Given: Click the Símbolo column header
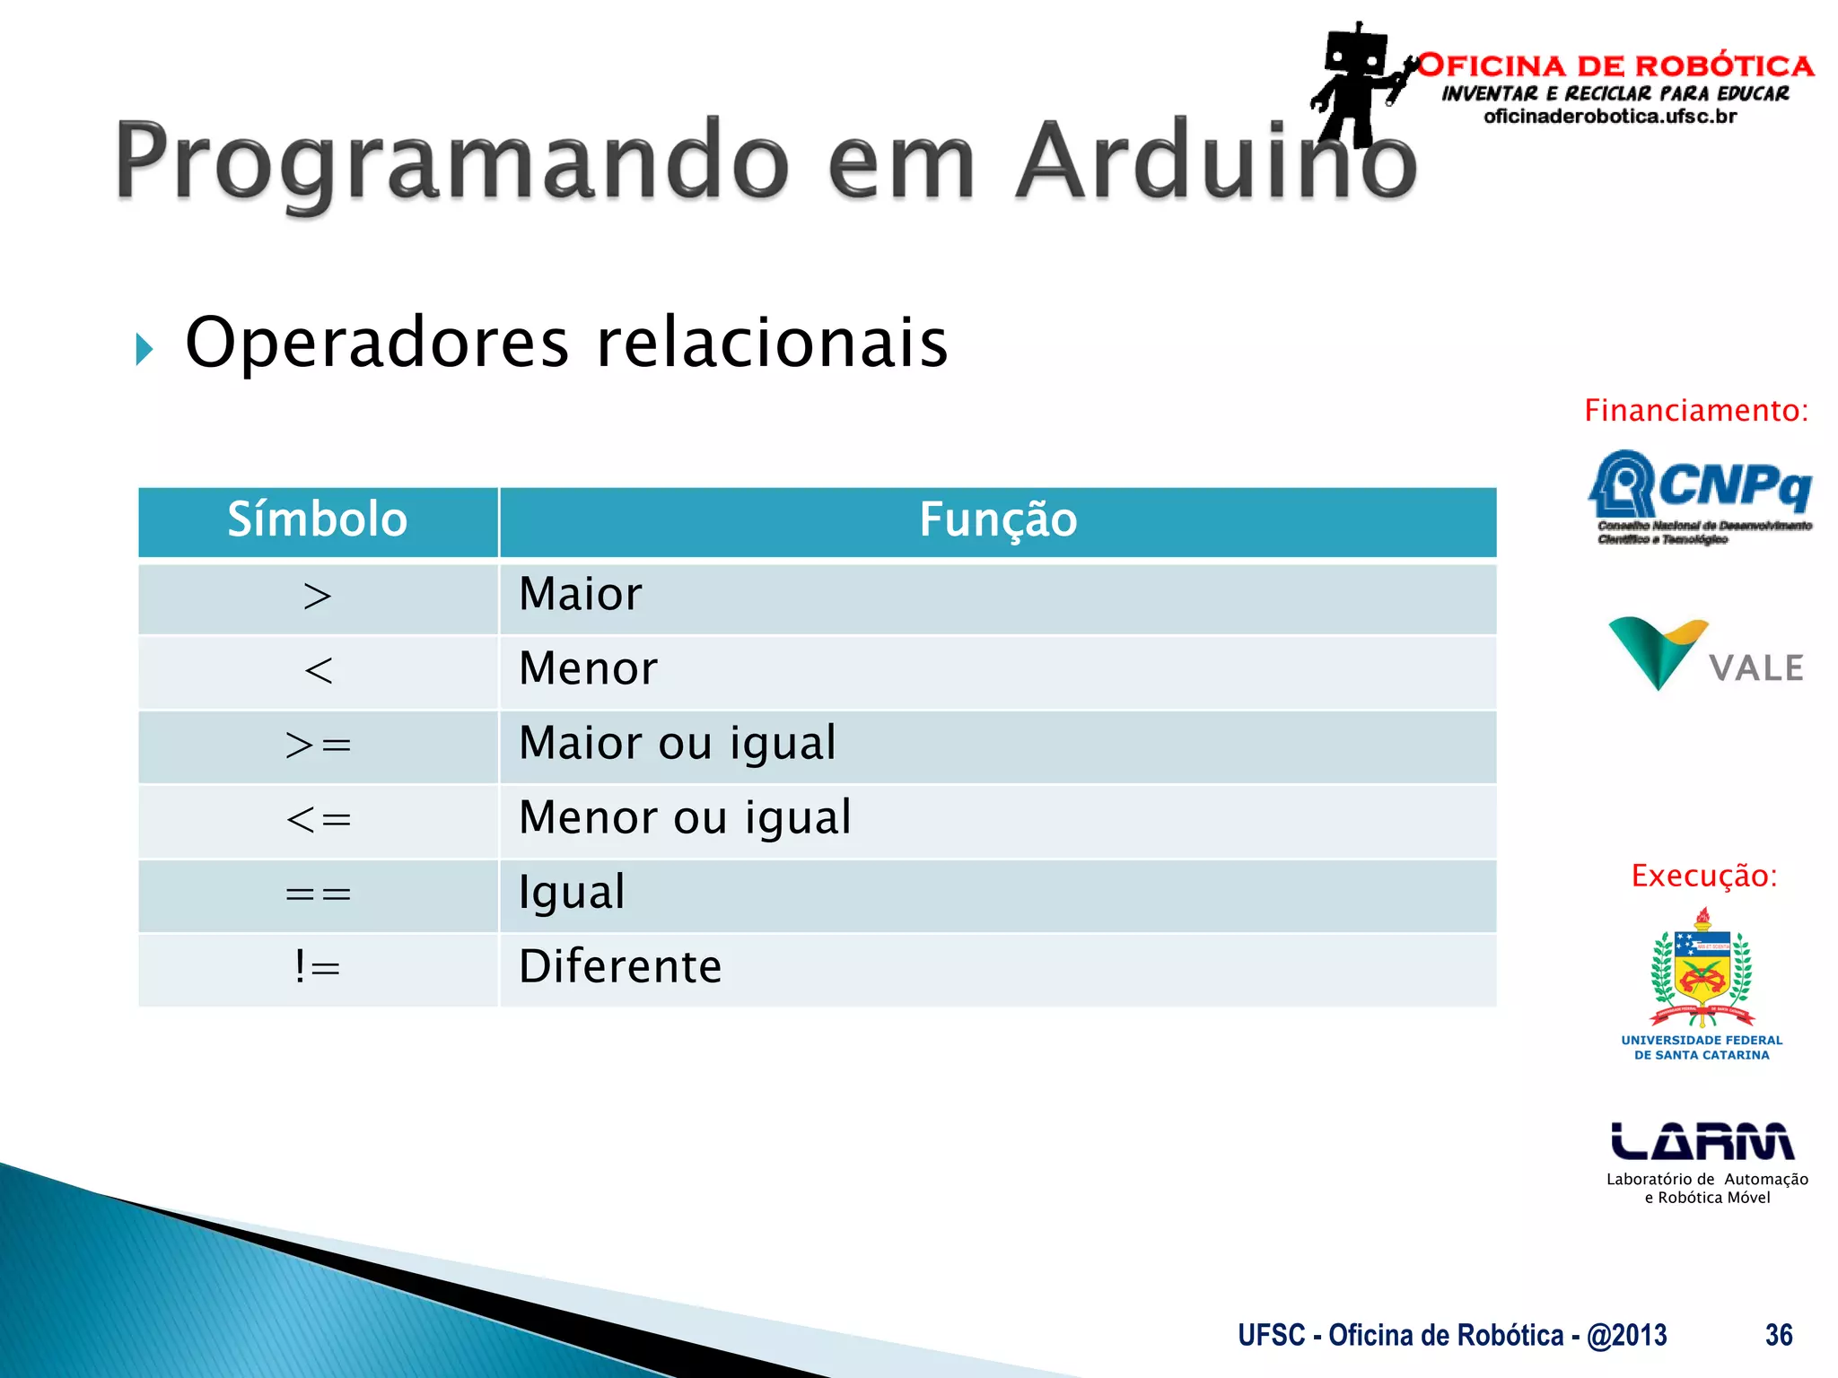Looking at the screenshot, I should pos(318,520).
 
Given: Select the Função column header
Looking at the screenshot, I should pos(997,520).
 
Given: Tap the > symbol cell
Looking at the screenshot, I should pos(318,597).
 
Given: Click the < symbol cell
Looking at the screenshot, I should pos(318,671).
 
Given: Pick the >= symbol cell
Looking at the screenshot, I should pos(318,746).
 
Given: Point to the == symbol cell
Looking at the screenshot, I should pos(318,894).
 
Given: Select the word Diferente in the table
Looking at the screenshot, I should pos(620,967).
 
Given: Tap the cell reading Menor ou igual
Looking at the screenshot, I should pos(685,818).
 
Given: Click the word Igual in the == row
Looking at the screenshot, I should pos(572,893).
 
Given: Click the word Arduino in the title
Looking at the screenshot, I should pos(1215,161).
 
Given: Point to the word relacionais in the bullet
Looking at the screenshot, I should pos(772,343).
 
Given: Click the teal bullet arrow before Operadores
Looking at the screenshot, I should pos(144,349).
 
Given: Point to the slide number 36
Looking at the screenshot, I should pos(1778,1335).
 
